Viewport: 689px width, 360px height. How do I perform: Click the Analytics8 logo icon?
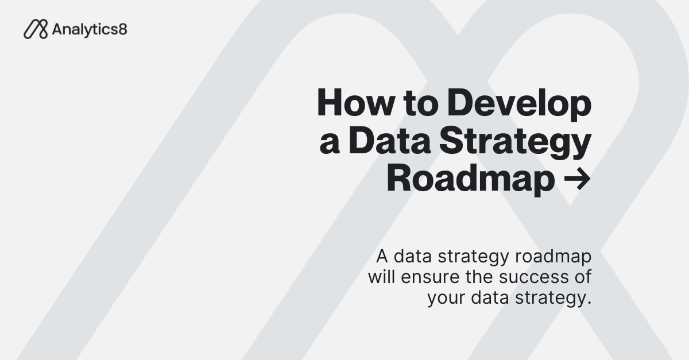[x=36, y=29]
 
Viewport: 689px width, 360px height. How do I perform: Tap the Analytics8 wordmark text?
[x=89, y=29]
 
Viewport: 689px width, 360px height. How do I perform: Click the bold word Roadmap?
[x=471, y=180]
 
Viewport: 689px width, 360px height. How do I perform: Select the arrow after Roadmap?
[x=576, y=180]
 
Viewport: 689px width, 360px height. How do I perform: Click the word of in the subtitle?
[x=582, y=277]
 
